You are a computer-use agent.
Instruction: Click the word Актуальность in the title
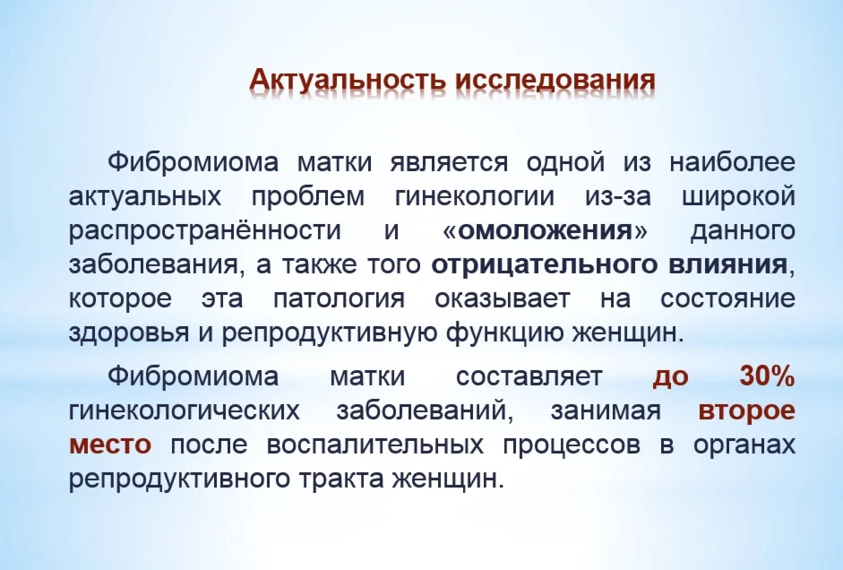coord(348,80)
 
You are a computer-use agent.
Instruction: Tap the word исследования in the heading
coord(555,80)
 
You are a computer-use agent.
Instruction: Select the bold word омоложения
coord(546,230)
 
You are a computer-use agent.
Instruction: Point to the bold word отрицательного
coord(545,264)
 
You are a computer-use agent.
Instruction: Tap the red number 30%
coord(767,376)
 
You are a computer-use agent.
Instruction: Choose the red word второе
coord(747,410)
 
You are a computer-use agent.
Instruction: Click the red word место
coord(110,445)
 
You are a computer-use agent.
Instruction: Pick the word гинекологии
coord(475,195)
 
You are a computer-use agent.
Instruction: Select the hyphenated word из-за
coord(618,195)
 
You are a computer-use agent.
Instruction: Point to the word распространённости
coord(205,230)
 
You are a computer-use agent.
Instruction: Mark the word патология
coord(340,299)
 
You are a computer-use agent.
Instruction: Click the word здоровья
coord(129,333)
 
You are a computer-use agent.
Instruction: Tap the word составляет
coord(529,376)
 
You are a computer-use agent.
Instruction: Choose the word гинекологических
coord(185,410)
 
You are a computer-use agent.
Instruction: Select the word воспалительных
coord(374,445)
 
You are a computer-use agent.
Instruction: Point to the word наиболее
coord(732,161)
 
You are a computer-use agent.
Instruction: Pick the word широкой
coord(739,195)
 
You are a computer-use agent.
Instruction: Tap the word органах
coord(744,445)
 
